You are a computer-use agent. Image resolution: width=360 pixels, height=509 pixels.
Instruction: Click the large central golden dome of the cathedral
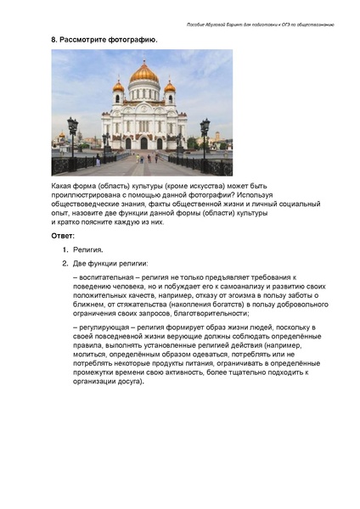click(143, 75)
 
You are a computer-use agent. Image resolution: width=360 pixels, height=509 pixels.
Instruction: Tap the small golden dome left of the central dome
click(118, 86)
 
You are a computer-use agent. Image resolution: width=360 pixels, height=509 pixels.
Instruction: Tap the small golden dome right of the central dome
click(170, 86)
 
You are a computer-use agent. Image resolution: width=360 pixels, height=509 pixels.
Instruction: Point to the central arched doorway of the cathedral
click(143, 142)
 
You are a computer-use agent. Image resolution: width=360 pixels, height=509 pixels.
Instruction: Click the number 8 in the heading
click(54, 40)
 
